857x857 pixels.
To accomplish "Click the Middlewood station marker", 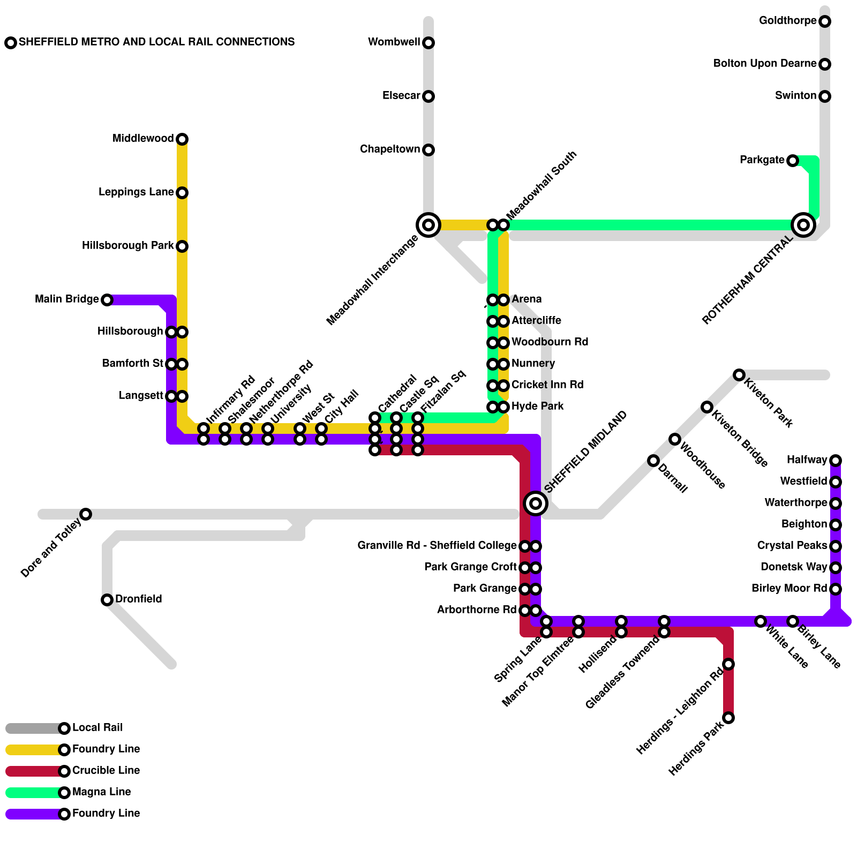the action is pos(182,139).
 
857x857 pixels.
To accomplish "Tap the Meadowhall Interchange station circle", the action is pos(428,225).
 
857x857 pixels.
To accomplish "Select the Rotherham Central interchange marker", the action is pos(803,225).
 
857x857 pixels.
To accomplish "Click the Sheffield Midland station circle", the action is pos(536,503).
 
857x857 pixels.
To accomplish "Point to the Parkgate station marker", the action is pos(793,161).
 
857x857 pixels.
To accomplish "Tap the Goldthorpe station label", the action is pos(787,21).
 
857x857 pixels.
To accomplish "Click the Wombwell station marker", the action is pos(428,43).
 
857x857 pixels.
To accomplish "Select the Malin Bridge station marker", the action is pos(107,300).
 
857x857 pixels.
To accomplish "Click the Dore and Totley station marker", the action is pos(86,514).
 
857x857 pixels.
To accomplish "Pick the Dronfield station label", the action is pos(138,599).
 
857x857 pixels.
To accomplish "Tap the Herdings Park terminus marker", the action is pos(728,718).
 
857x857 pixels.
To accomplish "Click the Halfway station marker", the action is pos(836,461).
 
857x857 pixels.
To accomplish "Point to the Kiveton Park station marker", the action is pos(739,375).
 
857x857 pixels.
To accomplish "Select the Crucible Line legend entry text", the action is pos(106,771).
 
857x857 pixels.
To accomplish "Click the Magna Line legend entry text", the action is pos(101,792).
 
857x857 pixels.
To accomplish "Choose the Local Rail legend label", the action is pos(97,728).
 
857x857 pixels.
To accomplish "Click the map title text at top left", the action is pos(156,42).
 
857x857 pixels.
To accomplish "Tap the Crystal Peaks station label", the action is pos(792,546).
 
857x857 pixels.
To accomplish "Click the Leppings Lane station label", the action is pos(136,192).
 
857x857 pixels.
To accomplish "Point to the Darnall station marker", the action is pos(653,461).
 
